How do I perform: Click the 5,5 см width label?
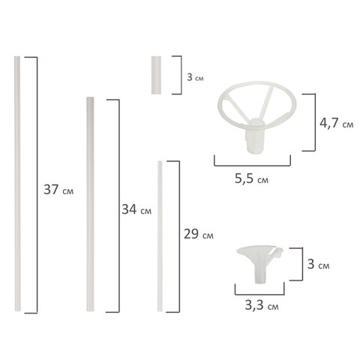pyautogui.click(x=249, y=179)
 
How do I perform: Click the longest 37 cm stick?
pyautogui.click(x=17, y=183)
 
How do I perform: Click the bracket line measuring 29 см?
pyautogui.click(x=178, y=234)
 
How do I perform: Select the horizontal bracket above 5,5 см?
pyautogui.click(x=250, y=163)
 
